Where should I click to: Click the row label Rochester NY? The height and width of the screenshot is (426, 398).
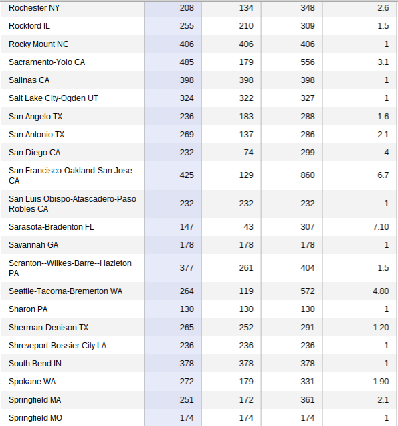pyautogui.click(x=34, y=8)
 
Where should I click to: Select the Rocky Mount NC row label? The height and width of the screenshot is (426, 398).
pyautogui.click(x=39, y=44)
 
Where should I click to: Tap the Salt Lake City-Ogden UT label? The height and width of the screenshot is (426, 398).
pyautogui.click(x=53, y=98)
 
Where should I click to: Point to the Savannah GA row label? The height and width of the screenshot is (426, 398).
pyautogui.click(x=33, y=245)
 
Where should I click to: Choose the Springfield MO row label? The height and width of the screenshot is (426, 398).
pyautogui.click(x=35, y=418)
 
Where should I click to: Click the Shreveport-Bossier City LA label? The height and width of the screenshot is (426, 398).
pyautogui.click(x=58, y=346)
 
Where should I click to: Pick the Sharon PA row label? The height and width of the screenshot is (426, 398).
pyautogui.click(x=28, y=309)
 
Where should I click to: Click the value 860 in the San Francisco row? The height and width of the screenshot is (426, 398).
pyautogui.click(x=308, y=175)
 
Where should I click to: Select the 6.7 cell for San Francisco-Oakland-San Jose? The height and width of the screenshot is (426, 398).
pyautogui.click(x=383, y=175)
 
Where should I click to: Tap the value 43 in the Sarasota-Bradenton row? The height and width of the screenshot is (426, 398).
pyautogui.click(x=248, y=227)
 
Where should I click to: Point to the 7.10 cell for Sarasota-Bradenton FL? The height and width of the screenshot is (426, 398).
pyautogui.click(x=381, y=227)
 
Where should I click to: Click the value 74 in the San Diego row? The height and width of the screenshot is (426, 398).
pyautogui.click(x=248, y=153)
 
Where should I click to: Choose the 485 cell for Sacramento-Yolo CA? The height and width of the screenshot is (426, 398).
pyautogui.click(x=187, y=62)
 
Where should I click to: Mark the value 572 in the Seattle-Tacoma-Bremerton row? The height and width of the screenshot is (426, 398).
pyautogui.click(x=308, y=291)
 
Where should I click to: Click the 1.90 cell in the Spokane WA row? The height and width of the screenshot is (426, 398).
pyautogui.click(x=381, y=382)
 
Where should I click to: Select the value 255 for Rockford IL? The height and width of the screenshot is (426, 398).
pyautogui.click(x=187, y=26)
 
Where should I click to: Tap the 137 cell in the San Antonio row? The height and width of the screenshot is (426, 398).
pyautogui.click(x=246, y=135)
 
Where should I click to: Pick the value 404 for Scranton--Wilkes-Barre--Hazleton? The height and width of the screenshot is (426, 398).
pyautogui.click(x=308, y=268)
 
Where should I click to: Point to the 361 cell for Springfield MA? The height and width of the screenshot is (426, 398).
pyautogui.click(x=308, y=400)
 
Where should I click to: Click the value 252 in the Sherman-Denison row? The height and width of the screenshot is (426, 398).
pyautogui.click(x=246, y=328)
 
